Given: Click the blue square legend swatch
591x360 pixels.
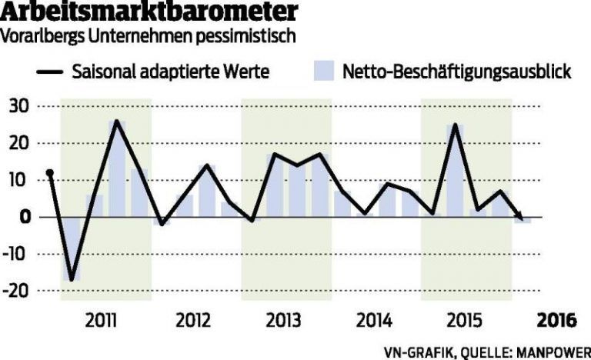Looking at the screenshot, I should (324, 72).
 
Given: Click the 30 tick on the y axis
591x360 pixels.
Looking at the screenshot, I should (18, 105).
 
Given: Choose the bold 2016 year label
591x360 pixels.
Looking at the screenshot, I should (557, 319).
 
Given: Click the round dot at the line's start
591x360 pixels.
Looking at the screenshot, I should (50, 173).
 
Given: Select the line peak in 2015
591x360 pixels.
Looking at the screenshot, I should (456, 125).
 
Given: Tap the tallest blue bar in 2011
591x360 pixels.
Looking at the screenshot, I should (117, 169).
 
